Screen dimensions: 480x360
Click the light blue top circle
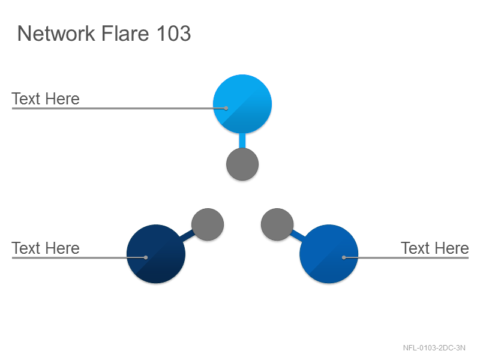pos(242,104)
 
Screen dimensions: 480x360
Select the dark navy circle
pos(156,254)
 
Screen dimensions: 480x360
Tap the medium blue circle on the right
pos(329,254)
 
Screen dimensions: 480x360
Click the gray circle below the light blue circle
pos(242,164)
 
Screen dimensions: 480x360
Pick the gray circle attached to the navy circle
pos(208,224)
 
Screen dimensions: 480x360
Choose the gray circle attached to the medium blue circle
pos(277,224)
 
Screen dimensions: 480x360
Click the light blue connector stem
pos(242,141)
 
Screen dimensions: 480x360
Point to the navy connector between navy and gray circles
pos(187,236)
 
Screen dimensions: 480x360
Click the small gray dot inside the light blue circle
pos(226,108)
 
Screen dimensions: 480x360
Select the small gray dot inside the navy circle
pos(146,257)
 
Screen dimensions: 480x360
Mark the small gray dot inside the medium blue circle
pos(344,257)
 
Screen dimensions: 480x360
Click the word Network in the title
pos(56,33)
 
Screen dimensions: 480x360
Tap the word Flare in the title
pos(125,33)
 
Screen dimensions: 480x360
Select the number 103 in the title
pos(174,33)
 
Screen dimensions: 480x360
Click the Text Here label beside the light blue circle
pos(46,98)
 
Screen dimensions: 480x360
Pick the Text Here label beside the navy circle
pos(46,248)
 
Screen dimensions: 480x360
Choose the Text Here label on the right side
pos(434,248)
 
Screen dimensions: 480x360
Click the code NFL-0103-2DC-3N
pos(434,348)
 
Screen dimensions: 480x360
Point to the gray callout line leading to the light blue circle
pos(119,108)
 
